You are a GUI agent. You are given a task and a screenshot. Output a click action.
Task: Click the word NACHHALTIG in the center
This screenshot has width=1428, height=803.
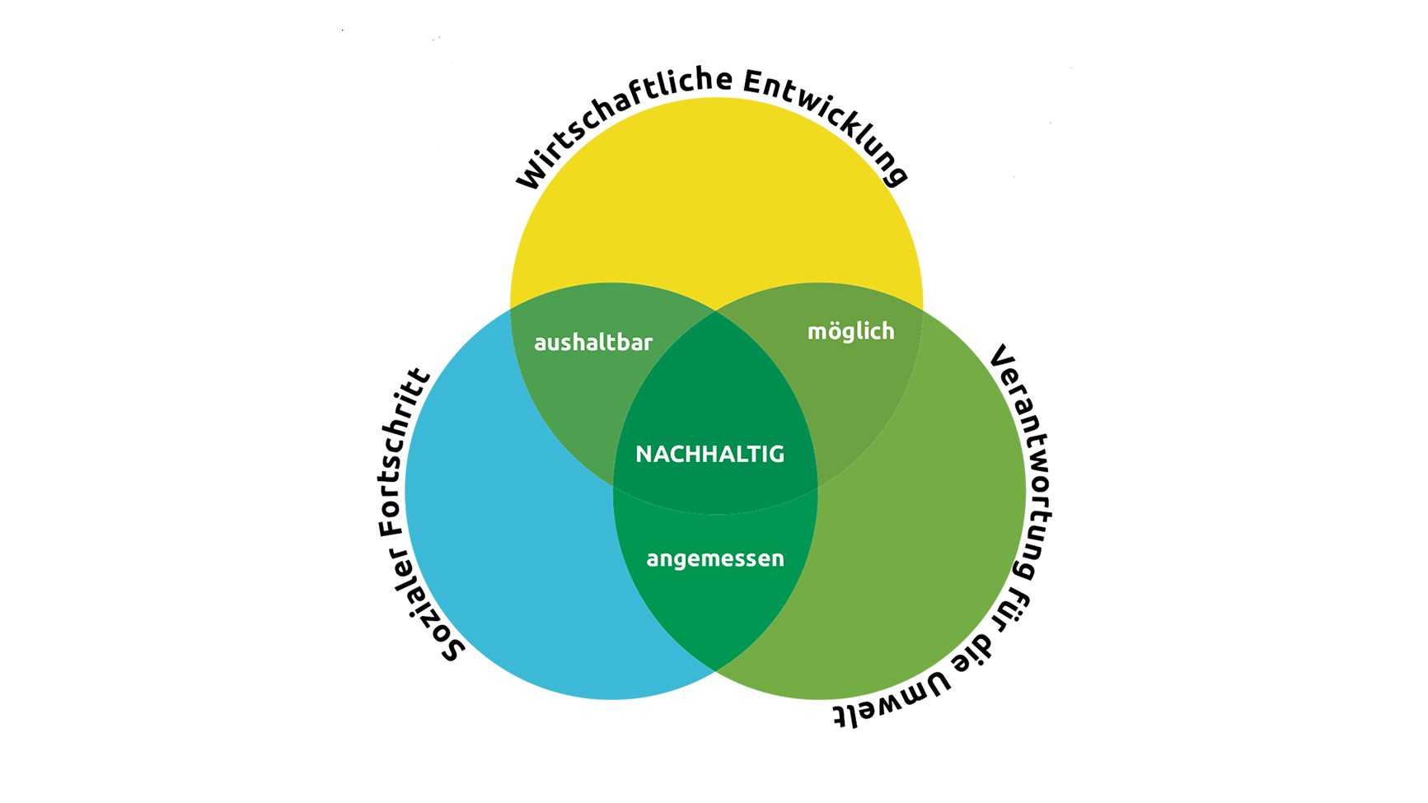709,454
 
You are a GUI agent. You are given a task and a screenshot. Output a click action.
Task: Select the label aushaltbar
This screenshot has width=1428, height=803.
593,342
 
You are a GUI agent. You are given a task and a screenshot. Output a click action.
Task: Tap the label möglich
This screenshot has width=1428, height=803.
850,331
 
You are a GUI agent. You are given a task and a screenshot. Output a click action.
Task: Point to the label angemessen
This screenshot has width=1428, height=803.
715,558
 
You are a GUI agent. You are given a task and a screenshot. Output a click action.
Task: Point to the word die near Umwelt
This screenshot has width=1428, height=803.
981,651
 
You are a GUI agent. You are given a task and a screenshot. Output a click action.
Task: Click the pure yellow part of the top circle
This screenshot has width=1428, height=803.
715,198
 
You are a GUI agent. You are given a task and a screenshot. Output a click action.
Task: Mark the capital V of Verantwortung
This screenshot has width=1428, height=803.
1001,356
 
